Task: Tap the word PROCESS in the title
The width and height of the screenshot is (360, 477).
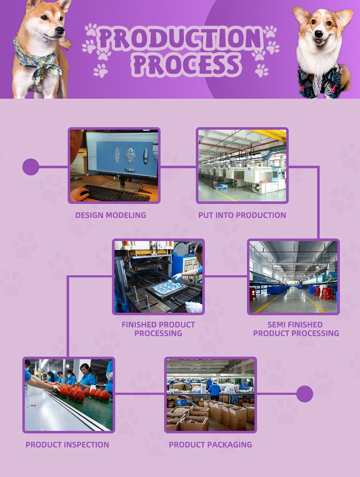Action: coord(186,65)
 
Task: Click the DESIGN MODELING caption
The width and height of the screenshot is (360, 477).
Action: coord(111,215)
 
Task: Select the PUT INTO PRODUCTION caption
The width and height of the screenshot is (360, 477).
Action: coord(242,215)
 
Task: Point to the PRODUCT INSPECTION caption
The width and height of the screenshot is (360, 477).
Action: coord(67,445)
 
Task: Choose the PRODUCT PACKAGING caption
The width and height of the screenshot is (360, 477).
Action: coord(211,445)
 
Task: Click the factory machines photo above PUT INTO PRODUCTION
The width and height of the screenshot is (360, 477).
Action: coord(242,165)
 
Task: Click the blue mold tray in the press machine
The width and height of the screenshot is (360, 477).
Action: coord(166,289)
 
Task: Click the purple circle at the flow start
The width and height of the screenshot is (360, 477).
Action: coord(31,167)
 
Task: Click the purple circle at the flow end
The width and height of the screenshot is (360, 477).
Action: coord(305,394)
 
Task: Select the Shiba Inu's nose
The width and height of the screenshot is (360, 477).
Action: coord(61,30)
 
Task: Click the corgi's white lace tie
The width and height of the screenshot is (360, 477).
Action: coord(317,72)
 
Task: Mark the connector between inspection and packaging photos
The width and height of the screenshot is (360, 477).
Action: coord(140,394)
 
